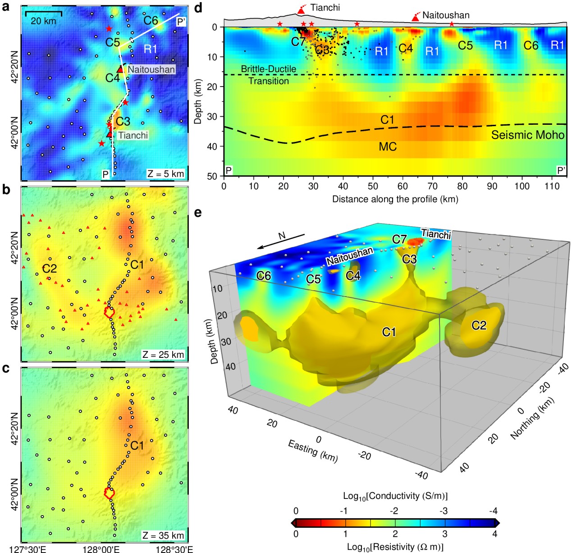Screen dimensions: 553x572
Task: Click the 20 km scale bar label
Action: (43, 21)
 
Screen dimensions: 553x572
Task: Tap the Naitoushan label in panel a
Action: (151, 69)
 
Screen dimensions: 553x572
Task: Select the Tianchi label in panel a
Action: (133, 135)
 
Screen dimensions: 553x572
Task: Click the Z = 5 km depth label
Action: (165, 174)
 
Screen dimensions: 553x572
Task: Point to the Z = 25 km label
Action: (163, 355)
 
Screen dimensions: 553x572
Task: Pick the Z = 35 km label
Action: (163, 535)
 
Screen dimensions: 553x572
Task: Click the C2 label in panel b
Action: (50, 269)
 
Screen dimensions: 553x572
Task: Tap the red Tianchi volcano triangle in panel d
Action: (301, 10)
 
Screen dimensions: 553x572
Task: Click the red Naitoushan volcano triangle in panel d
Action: (415, 18)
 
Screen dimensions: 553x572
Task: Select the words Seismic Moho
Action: (527, 135)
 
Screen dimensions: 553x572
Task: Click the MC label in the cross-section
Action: (388, 146)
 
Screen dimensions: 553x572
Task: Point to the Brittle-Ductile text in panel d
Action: (268, 69)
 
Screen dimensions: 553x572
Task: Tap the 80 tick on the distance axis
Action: (462, 186)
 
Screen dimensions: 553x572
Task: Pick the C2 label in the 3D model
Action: (479, 325)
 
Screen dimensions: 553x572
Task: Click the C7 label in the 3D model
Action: (399, 239)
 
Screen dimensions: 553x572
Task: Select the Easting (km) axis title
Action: (313, 450)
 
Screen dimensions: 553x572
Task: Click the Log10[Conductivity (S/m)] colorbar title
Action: (395, 496)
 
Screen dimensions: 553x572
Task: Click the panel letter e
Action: (197, 212)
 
